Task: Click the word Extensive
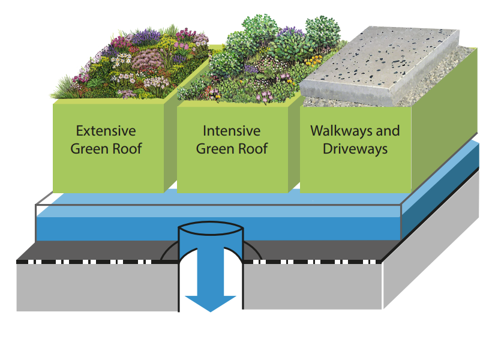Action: (x=106, y=131)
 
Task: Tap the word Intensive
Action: (x=232, y=131)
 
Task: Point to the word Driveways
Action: (x=355, y=148)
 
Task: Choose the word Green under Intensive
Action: (x=215, y=148)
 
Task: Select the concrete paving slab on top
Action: (x=384, y=60)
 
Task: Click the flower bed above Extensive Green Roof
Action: (x=132, y=66)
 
